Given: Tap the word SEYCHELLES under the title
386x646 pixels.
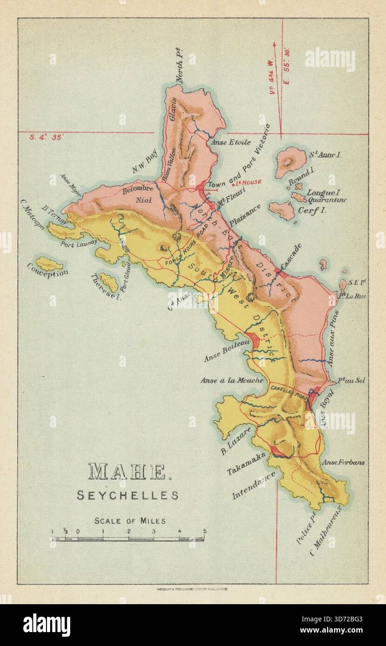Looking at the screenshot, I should point(127,495).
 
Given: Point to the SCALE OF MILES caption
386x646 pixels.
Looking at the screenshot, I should point(130,521).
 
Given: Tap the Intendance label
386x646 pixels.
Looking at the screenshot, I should point(253,485).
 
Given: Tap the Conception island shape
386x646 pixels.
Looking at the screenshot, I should point(49,263).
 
